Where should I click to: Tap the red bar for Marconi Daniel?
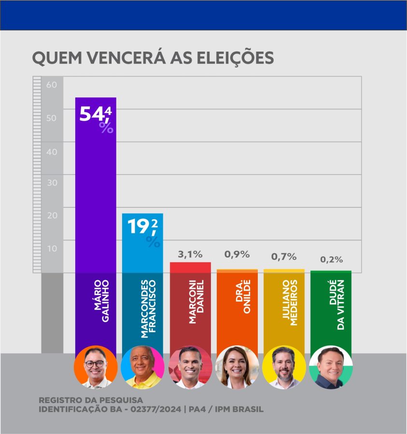pyautogui.click(x=190, y=268)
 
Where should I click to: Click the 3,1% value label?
pyautogui.click(x=190, y=254)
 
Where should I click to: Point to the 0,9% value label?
pyautogui.click(x=237, y=254)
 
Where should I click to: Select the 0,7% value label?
pyautogui.click(x=284, y=257)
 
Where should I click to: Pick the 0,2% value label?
pyautogui.click(x=331, y=259)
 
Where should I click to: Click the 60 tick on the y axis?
pyautogui.click(x=52, y=85)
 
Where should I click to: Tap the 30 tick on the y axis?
pyautogui.click(x=52, y=183)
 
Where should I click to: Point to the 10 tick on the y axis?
pyautogui.click(x=52, y=248)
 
